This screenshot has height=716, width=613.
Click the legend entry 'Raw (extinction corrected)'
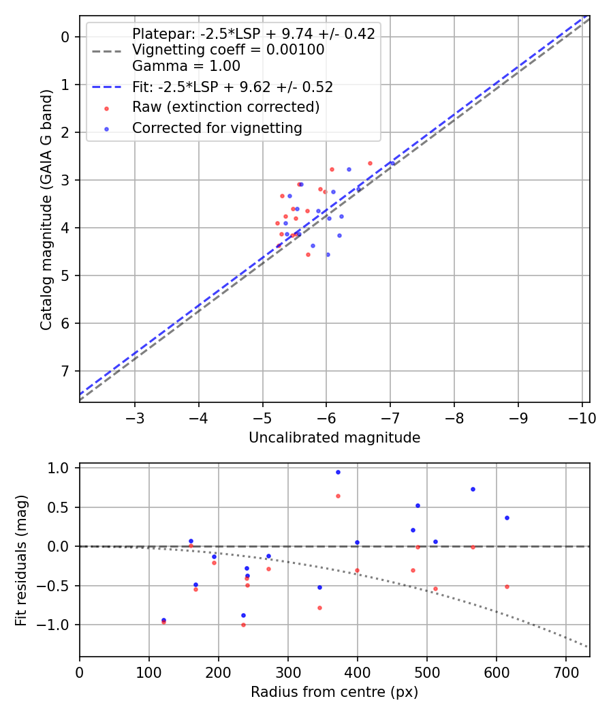click(225, 107)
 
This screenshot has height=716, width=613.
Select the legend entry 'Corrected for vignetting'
click(217, 128)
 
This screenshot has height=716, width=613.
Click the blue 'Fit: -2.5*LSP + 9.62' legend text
click(232, 87)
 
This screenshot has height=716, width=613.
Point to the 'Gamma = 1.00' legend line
click(186, 66)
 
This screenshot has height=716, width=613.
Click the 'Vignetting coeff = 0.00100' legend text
click(228, 50)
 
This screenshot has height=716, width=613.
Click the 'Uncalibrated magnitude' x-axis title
click(334, 438)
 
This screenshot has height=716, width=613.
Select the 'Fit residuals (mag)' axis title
click(21, 560)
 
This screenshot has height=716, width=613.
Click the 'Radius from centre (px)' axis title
click(334, 692)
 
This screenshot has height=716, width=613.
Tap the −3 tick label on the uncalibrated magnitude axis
click(135, 417)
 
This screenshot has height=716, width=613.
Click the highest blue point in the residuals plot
click(338, 472)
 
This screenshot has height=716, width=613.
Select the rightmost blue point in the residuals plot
click(507, 518)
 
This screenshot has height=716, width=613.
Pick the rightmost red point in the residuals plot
click(507, 586)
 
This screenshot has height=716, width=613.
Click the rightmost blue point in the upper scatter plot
click(392, 163)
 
